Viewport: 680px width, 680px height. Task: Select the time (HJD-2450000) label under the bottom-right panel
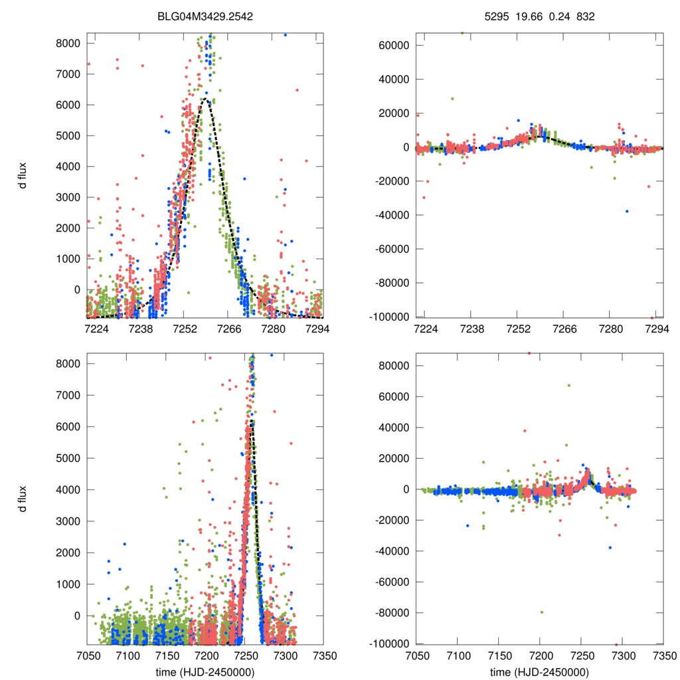click(540, 672)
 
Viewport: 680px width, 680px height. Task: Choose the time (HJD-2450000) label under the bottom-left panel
click(205, 672)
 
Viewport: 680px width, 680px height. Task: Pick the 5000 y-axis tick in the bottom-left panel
click(68, 458)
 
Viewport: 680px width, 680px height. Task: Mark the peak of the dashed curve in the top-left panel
click(206, 99)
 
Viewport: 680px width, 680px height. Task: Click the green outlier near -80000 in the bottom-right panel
click(542, 612)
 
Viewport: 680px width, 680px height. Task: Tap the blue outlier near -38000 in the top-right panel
click(626, 211)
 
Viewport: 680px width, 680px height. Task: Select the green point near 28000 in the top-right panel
click(452, 98)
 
